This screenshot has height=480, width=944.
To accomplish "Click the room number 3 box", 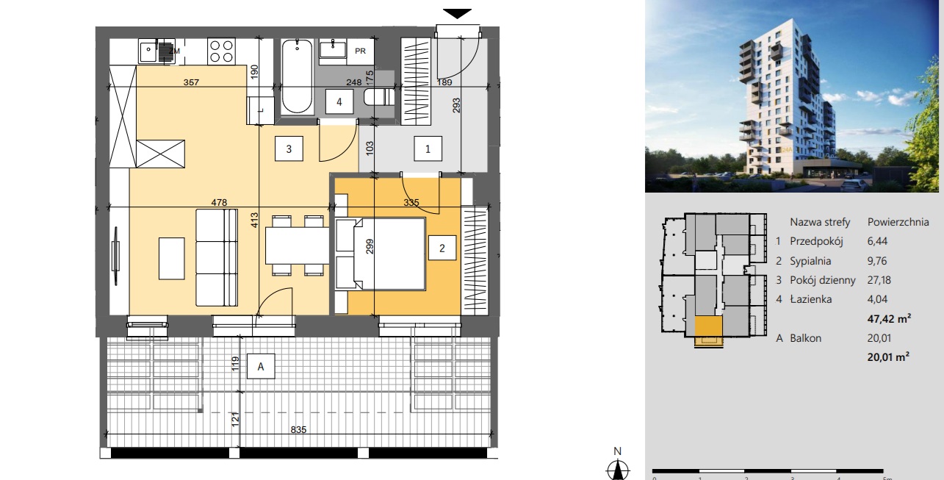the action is pos(289,148).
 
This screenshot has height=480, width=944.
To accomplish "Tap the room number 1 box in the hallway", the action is pos(428,148).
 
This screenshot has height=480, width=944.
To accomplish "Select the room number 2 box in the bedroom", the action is pos(442,248).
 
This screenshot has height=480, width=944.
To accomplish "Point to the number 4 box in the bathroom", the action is pos(339,101).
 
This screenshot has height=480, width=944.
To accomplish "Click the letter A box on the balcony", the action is pos(261,366).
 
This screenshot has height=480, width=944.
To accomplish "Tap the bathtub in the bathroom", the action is pos(297,76).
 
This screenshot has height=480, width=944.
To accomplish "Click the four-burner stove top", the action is pos(221,51).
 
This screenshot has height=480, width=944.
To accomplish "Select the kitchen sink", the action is pos(156,51).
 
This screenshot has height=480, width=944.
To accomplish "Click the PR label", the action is pos(360,51).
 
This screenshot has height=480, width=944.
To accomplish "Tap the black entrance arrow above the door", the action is pos(457,14).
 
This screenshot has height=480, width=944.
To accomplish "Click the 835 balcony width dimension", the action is pos(298,429).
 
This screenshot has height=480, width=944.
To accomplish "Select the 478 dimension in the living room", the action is pos(219,202).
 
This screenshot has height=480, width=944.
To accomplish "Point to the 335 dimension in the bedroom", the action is pos(411,202).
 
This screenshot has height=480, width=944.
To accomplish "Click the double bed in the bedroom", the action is pos(380,254).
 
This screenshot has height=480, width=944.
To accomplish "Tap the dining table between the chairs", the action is pos(297,246).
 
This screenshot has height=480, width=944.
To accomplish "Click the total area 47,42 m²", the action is pos(889,318).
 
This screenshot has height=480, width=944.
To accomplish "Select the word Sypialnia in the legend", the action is pos(810,261).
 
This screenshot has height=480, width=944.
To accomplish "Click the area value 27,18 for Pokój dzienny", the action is pos(879,280).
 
